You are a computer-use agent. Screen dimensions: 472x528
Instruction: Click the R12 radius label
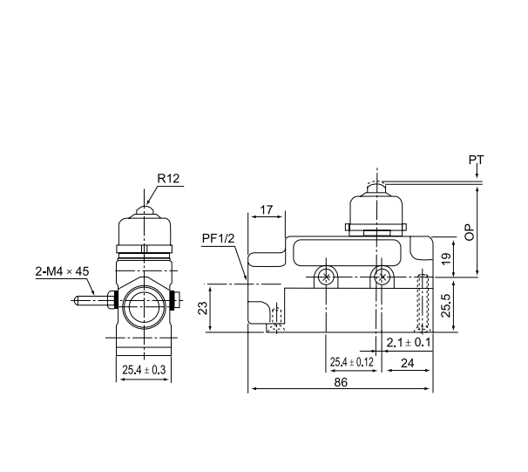click(x=168, y=178)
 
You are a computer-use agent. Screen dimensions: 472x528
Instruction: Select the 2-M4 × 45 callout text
click(x=63, y=271)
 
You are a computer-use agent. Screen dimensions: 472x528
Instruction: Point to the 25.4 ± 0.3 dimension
click(x=143, y=371)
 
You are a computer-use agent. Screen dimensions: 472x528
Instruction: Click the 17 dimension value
click(x=267, y=211)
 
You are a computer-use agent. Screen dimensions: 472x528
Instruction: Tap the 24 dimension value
click(x=406, y=361)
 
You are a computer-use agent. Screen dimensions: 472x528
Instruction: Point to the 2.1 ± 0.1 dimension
click(x=409, y=341)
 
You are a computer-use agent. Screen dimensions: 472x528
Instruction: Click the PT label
click(x=476, y=161)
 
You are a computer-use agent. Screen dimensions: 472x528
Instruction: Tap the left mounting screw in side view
click(x=325, y=277)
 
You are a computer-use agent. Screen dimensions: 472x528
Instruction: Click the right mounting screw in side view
click(x=381, y=277)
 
